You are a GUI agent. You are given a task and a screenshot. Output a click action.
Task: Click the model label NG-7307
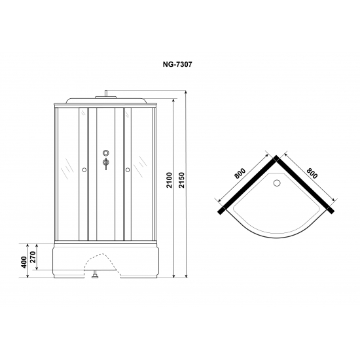point(177,65)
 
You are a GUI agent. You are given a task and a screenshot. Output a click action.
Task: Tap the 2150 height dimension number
point(182,180)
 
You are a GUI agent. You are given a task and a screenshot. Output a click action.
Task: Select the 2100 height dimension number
point(170,180)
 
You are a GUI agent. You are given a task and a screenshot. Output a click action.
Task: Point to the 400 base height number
point(24,262)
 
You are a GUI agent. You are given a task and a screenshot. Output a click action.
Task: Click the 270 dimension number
point(33,257)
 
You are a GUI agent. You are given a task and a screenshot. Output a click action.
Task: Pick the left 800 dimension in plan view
point(240,173)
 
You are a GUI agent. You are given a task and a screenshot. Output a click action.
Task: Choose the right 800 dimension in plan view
point(312,173)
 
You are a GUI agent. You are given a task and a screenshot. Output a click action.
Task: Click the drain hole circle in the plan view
point(277,183)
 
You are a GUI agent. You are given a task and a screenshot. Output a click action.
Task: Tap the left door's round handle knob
point(84,170)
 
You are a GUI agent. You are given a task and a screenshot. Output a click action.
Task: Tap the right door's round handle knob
point(128,170)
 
